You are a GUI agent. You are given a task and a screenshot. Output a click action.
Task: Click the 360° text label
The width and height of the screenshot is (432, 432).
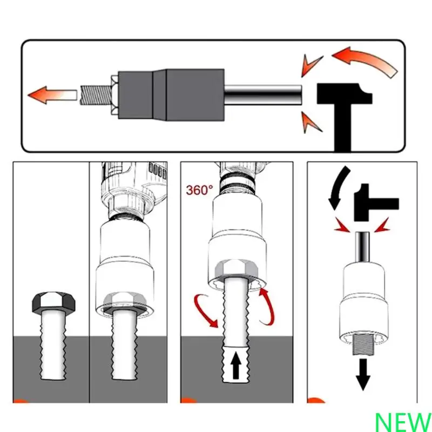[199, 190]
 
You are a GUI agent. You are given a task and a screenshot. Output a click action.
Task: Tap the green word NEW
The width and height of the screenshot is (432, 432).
[403, 422]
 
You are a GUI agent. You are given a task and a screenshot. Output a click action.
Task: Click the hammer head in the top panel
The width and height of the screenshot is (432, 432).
[345, 93]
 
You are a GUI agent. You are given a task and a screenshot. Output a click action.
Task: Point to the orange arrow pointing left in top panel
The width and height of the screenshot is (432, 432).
[52, 95]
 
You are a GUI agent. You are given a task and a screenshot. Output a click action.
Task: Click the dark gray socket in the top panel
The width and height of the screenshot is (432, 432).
[171, 94]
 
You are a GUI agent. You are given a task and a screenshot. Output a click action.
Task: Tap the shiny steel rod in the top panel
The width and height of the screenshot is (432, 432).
[263, 95]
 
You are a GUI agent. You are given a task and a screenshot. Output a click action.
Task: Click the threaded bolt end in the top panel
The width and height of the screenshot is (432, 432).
[95, 95]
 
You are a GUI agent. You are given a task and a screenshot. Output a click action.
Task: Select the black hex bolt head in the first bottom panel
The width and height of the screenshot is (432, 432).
[53, 302]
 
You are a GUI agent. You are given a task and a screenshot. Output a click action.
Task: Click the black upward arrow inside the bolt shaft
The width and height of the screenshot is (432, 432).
[235, 366]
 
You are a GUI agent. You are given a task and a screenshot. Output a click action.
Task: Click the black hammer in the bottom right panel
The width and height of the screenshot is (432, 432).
[375, 203]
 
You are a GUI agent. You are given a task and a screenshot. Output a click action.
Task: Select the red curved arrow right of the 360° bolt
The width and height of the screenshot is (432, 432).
[268, 306]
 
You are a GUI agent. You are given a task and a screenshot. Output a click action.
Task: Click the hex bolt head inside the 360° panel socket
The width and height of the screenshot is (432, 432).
[236, 268]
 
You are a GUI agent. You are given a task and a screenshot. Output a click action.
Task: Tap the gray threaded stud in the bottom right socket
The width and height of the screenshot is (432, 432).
[363, 345]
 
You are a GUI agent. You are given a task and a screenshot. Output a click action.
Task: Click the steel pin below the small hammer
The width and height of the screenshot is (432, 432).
[362, 247]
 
